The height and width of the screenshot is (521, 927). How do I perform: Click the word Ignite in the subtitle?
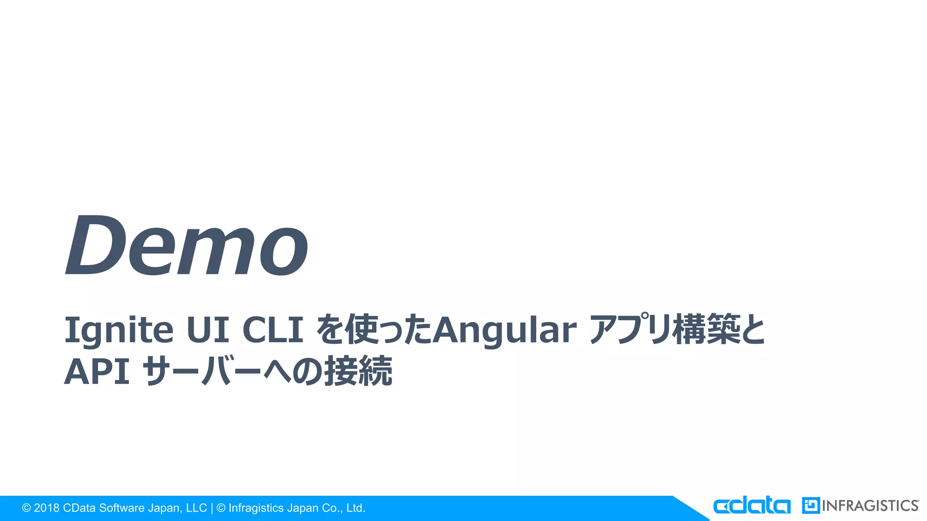[x=119, y=330]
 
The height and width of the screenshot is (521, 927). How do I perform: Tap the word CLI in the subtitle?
[x=273, y=330]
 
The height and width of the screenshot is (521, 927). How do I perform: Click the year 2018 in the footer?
[x=47, y=508]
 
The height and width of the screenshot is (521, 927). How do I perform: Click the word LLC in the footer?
[x=196, y=508]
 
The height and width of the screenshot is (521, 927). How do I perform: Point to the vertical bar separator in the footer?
[x=212, y=508]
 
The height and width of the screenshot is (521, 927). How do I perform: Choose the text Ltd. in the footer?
[x=355, y=508]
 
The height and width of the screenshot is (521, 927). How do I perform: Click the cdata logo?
[x=752, y=506]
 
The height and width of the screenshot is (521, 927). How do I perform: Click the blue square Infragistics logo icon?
[x=811, y=506]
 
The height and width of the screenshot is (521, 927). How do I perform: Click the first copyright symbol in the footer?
[x=26, y=508]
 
